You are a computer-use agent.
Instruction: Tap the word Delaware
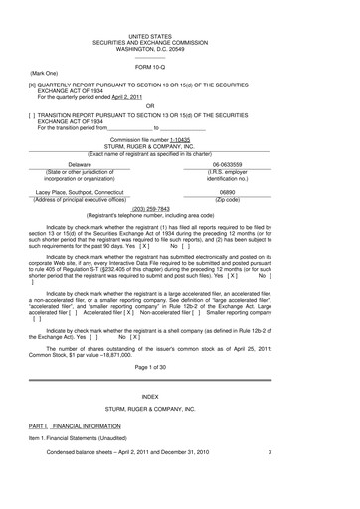60,163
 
